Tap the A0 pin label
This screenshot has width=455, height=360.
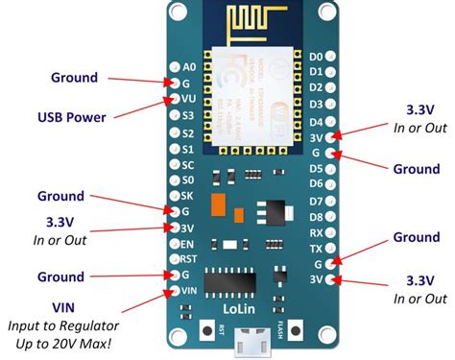point(189,67)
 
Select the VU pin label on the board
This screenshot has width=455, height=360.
point(189,100)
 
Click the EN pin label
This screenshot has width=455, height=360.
point(189,243)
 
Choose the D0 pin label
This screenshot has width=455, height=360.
point(316,57)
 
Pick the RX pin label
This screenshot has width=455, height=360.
point(316,231)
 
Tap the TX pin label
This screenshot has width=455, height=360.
point(316,247)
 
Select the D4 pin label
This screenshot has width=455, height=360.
point(316,122)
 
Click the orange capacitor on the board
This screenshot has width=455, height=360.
point(221,205)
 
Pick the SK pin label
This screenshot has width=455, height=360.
point(189,195)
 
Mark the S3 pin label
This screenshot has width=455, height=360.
point(189,116)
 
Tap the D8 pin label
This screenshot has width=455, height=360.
point(316,216)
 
